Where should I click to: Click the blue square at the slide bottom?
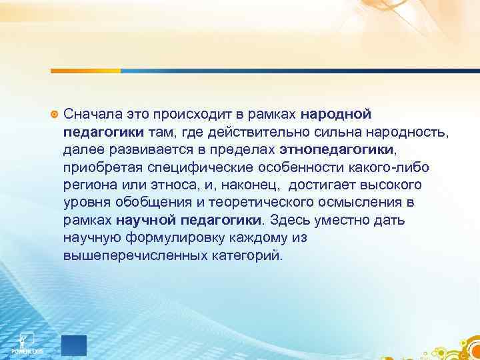[73, 343]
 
